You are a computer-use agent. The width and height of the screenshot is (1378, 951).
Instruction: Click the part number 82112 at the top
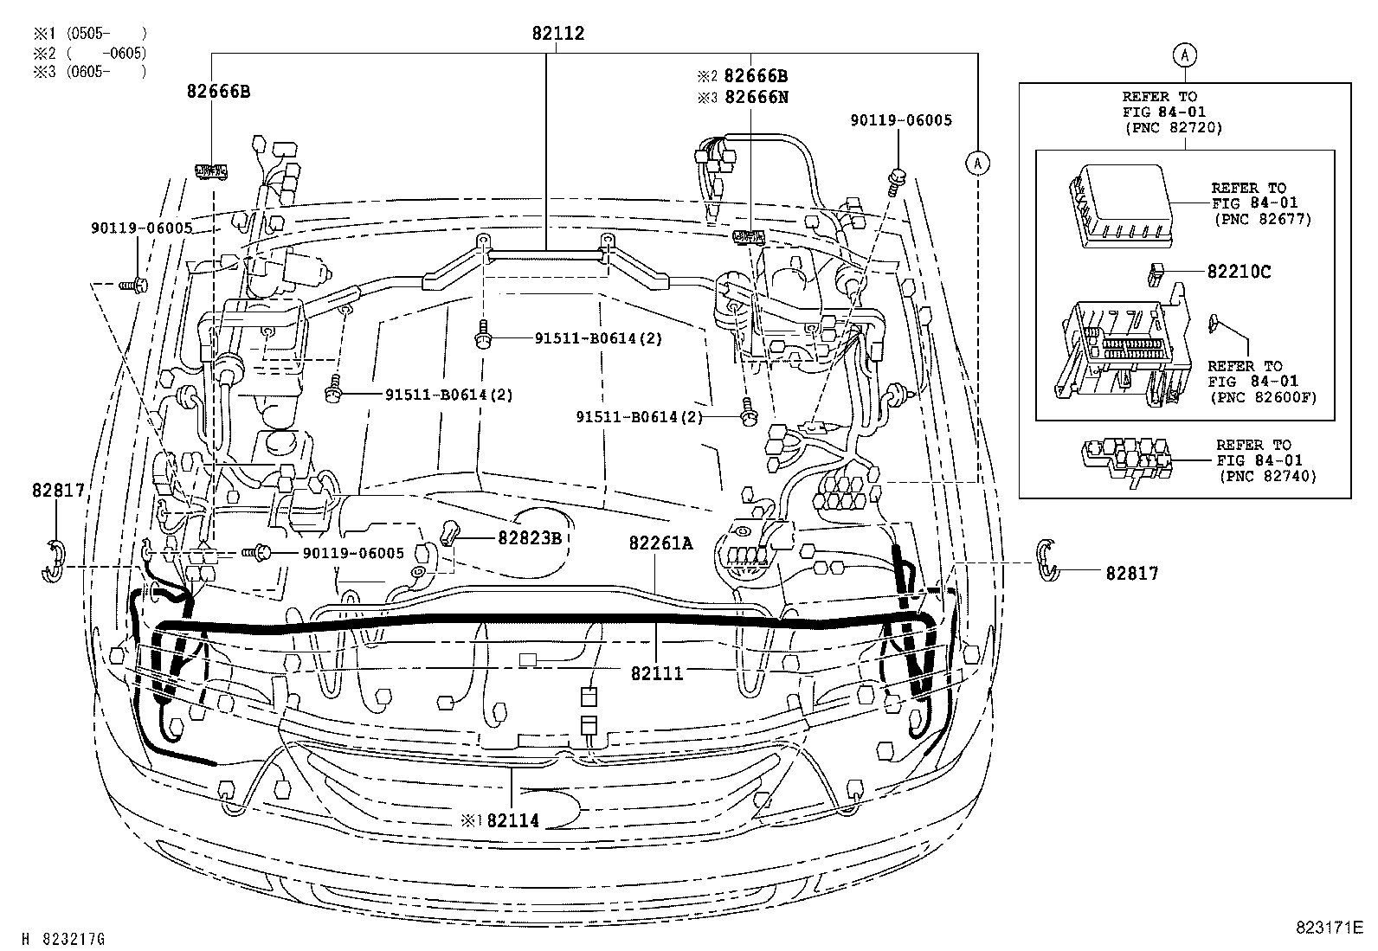point(557,34)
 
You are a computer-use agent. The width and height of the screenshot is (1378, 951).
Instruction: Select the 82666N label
point(756,97)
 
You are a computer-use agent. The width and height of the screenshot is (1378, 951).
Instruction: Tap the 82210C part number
point(1239,272)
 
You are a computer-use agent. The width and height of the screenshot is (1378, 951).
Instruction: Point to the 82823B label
point(530,537)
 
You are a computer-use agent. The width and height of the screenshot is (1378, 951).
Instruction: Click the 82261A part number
point(660,543)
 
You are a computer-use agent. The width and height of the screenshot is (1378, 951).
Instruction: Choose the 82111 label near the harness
point(657,673)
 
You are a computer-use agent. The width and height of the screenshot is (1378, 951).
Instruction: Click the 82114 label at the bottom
point(512,820)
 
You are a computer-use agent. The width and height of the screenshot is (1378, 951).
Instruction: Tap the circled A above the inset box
point(1185,55)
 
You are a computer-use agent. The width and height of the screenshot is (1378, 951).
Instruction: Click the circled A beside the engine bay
point(977,162)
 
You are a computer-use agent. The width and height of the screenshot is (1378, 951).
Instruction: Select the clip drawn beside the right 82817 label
point(1047,559)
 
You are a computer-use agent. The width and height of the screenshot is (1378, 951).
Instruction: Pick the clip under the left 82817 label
point(54,560)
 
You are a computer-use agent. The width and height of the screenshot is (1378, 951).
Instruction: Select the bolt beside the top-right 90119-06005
point(896,180)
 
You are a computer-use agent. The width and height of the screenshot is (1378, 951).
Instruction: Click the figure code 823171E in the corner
point(1330,928)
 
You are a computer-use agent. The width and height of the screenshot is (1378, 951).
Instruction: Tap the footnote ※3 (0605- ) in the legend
point(88,72)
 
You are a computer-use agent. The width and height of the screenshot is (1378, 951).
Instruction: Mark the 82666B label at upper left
point(218,91)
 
